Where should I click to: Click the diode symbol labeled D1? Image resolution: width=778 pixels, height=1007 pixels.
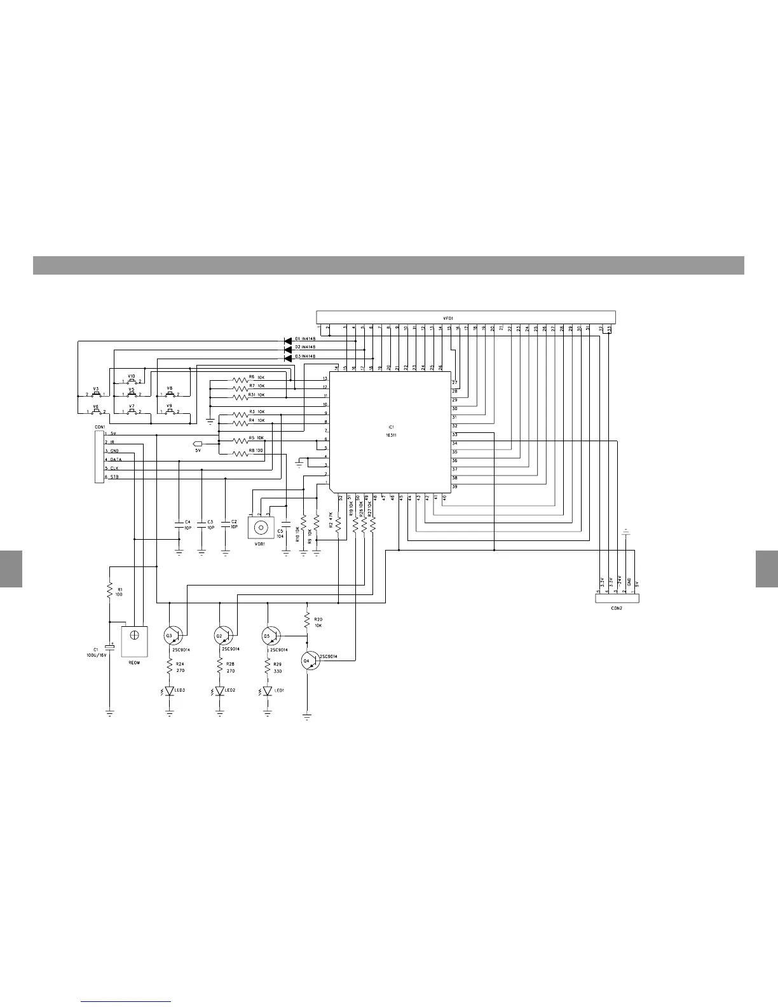(288, 341)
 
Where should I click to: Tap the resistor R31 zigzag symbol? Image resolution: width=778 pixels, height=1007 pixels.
(240, 397)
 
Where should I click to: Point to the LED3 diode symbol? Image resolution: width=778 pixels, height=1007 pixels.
(170, 691)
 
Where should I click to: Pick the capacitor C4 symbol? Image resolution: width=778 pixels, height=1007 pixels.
(179, 525)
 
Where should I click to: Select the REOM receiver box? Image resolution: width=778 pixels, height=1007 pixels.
(134, 641)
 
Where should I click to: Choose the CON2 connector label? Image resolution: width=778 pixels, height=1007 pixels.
(616, 608)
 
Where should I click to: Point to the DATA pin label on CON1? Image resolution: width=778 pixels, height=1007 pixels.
(116, 459)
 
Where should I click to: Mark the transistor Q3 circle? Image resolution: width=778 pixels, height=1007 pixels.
(172, 635)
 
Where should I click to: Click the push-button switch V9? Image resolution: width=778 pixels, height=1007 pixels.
(170, 411)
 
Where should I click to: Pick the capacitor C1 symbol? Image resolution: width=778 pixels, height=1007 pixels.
(111, 647)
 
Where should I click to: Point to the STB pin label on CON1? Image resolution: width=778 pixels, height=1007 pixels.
(114, 477)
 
